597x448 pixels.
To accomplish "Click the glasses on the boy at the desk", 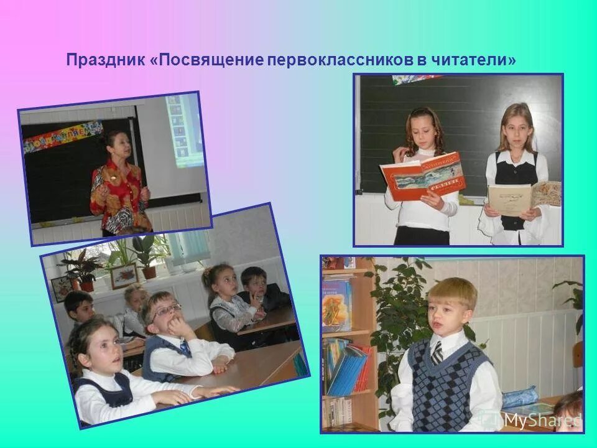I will pyautogui.click(x=167, y=309).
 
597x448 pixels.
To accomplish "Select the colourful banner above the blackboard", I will pyautogui.click(x=62, y=137).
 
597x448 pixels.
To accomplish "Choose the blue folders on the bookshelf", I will pyautogui.click(x=348, y=370).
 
